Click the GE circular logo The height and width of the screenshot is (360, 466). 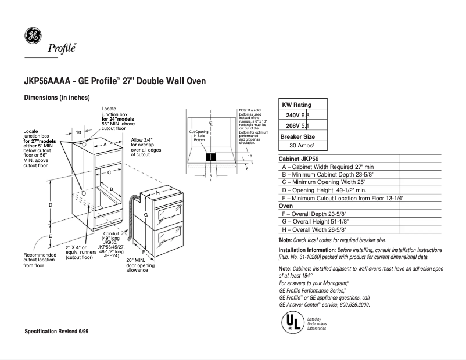click(33, 36)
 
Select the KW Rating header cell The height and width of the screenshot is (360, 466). click(297, 105)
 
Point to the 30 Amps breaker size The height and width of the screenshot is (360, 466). click(302, 146)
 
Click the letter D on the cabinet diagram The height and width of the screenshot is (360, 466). click(51, 206)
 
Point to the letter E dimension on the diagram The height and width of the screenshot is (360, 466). click(51, 236)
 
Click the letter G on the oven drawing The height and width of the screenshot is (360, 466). click(146, 215)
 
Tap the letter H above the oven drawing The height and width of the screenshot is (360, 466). click(157, 192)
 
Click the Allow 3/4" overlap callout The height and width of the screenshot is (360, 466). click(143, 147)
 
